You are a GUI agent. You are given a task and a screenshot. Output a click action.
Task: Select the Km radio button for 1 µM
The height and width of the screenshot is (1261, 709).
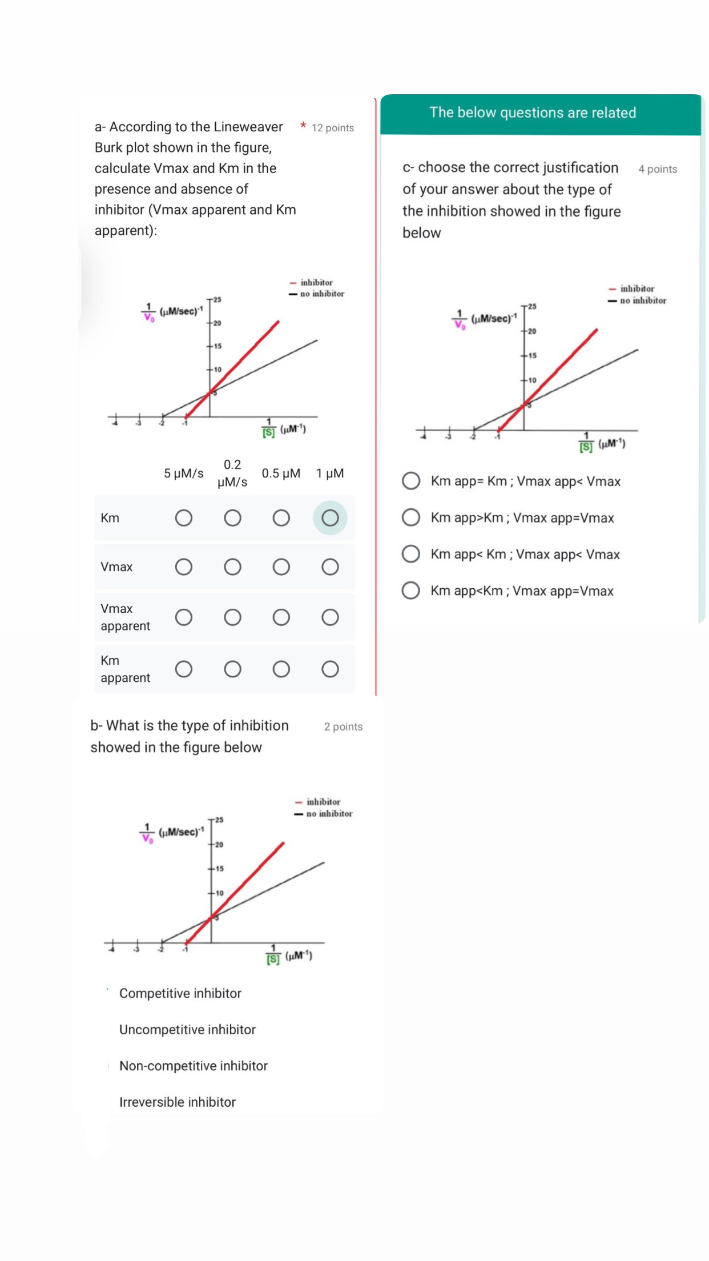coord(330,518)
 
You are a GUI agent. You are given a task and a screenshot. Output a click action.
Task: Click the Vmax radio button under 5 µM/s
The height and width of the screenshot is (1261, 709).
coord(183,567)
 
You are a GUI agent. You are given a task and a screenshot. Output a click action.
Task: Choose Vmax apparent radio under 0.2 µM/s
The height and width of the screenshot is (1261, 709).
coord(232,617)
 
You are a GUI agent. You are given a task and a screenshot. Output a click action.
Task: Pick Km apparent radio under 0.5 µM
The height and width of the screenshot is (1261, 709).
coord(281,669)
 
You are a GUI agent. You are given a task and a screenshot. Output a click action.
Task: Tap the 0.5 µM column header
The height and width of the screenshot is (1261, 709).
coord(281,473)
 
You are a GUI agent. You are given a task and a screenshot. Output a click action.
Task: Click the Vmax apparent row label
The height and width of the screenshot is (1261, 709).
coord(125,617)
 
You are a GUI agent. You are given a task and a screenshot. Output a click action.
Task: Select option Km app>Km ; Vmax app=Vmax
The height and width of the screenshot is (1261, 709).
coord(411,518)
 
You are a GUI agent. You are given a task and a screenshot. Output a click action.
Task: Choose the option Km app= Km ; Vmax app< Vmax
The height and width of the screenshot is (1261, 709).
coord(411,481)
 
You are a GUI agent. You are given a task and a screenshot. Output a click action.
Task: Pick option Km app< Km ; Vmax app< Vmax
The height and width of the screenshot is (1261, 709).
coord(411,555)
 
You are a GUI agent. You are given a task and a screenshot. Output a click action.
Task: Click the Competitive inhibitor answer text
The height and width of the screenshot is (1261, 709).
coord(180,994)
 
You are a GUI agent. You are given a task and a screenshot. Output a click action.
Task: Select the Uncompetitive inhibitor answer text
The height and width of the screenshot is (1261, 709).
coord(187,1030)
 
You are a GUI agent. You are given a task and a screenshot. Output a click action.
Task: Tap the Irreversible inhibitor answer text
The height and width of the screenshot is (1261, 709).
coord(177,1102)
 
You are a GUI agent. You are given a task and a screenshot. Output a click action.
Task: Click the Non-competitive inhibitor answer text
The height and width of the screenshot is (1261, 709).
coord(193,1066)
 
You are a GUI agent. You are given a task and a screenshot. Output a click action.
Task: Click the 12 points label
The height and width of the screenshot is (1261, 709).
coord(332,128)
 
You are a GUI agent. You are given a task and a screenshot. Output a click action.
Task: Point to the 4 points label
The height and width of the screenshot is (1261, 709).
coord(658,169)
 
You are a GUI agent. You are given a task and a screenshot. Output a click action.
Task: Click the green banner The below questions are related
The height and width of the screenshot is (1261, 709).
coord(533,113)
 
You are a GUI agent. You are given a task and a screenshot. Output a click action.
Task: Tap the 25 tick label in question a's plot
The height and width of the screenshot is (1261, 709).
coord(217,300)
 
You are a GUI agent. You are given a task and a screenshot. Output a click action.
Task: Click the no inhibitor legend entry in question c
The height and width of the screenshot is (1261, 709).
coord(642,300)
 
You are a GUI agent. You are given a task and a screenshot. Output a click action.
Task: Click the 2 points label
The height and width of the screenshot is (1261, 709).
coord(343,727)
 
